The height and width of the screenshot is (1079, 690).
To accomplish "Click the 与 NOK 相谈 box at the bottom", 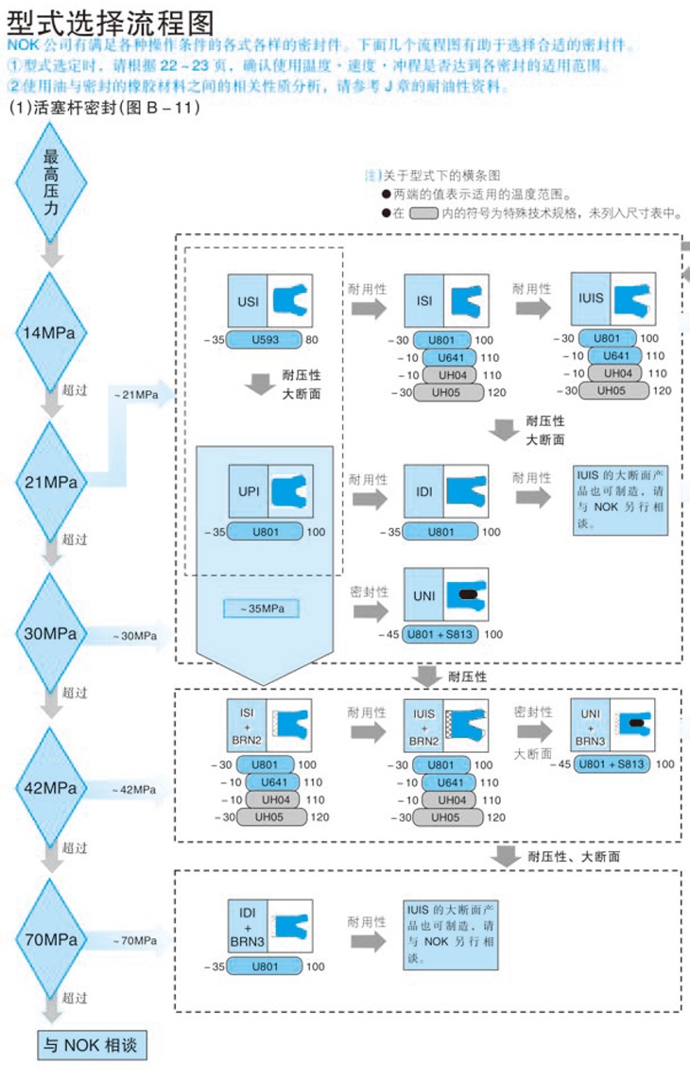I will pos(93,1045).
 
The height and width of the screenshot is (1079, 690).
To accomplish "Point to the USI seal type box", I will pos(268,301).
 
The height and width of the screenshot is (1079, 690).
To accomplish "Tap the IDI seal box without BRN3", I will pos(445,491).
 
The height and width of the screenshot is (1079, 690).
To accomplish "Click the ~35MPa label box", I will pos(260,607).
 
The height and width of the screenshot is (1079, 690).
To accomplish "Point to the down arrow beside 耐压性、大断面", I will pos(508,855).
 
